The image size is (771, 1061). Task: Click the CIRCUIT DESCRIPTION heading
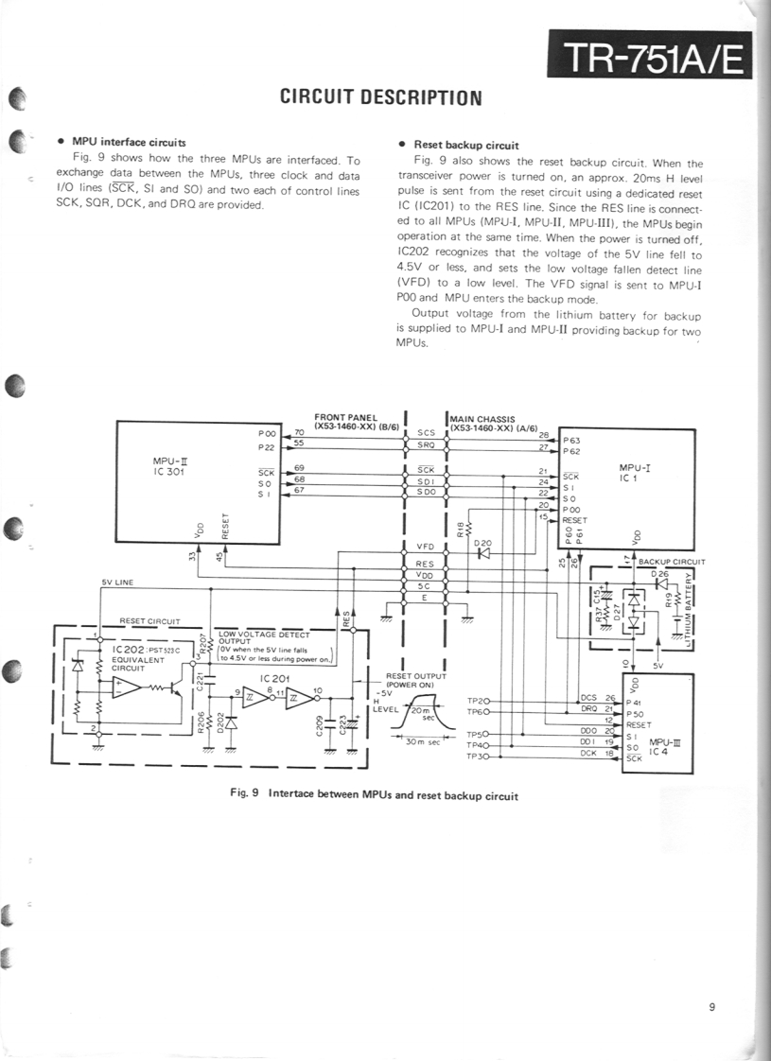coord(381,97)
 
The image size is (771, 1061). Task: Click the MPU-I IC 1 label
coord(634,473)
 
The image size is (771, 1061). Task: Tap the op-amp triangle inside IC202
coord(124,687)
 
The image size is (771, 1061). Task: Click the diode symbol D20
coord(483,553)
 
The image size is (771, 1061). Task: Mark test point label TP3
coord(476,757)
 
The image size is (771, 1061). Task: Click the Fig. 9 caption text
coord(375,794)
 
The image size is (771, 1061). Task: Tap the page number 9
coord(710,1006)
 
